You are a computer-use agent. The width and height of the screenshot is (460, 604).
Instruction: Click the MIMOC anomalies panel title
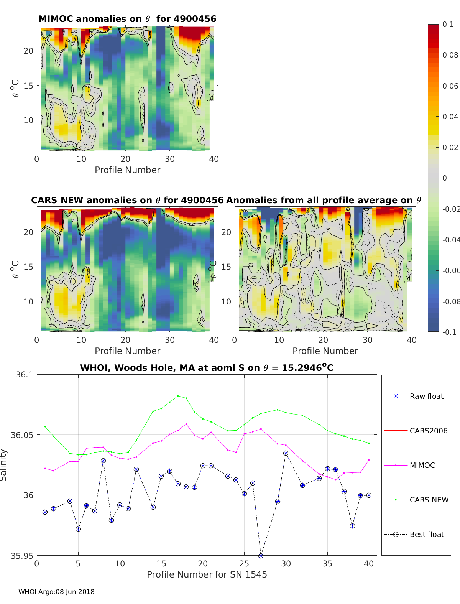[127, 19]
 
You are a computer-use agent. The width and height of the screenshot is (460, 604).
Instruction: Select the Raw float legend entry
[426, 396]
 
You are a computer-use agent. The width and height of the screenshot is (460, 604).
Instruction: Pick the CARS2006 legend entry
[428, 431]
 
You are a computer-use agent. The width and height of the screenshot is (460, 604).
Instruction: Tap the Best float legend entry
[426, 534]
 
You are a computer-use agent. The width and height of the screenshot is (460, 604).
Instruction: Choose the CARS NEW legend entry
[429, 500]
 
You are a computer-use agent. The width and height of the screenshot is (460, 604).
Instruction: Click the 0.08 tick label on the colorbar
[450, 55]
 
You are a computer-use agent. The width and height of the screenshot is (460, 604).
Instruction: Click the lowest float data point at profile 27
[261, 556]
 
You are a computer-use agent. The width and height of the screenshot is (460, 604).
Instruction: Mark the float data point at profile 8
[103, 461]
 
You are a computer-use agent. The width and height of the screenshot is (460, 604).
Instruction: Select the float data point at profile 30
[286, 453]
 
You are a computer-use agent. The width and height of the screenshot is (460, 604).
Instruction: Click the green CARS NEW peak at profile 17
[178, 396]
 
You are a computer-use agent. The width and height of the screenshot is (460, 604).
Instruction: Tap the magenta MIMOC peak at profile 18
[186, 424]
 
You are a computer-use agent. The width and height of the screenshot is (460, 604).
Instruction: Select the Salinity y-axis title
[3, 465]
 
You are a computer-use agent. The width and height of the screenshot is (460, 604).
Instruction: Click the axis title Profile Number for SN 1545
[207, 574]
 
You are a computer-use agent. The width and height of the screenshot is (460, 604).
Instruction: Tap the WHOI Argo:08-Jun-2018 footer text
[56, 592]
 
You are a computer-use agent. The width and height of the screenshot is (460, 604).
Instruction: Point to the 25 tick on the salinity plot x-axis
[244, 563]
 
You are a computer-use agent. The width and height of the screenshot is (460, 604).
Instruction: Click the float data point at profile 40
[369, 495]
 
